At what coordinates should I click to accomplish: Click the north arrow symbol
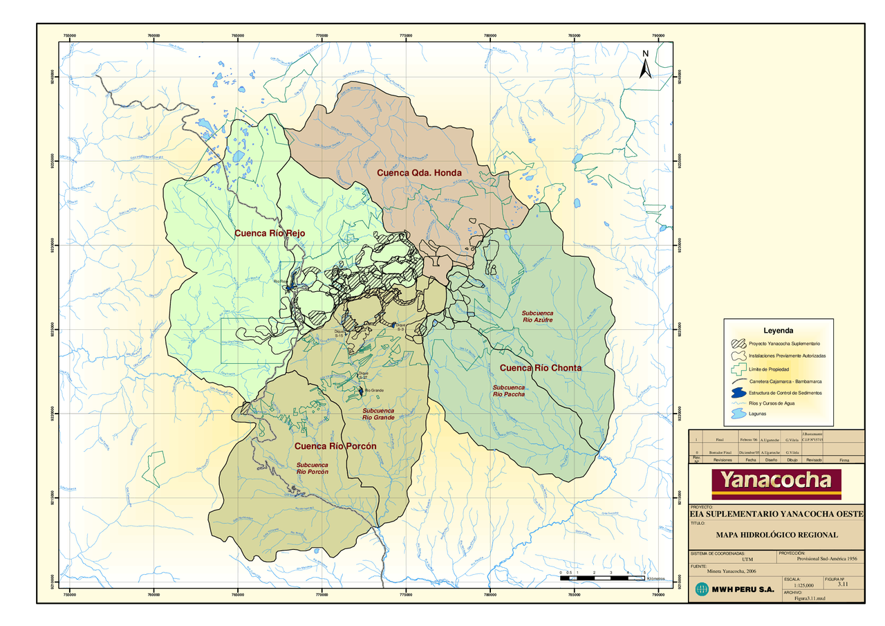coord(645,64)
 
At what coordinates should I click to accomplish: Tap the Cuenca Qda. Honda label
coord(418,172)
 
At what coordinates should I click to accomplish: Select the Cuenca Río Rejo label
coord(269,233)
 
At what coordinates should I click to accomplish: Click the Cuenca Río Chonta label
coord(541,367)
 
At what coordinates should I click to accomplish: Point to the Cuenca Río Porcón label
coord(335,446)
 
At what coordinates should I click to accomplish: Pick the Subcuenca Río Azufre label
coord(537,317)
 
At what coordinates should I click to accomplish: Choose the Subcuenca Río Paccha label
coord(508,391)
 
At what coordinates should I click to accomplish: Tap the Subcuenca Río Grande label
coord(378,414)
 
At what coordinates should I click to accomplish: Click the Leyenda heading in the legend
coord(778,331)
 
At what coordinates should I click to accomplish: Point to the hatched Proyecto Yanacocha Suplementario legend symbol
coord(739,344)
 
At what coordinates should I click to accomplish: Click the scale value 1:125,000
coord(803,585)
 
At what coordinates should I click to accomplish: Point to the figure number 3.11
coord(842,584)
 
